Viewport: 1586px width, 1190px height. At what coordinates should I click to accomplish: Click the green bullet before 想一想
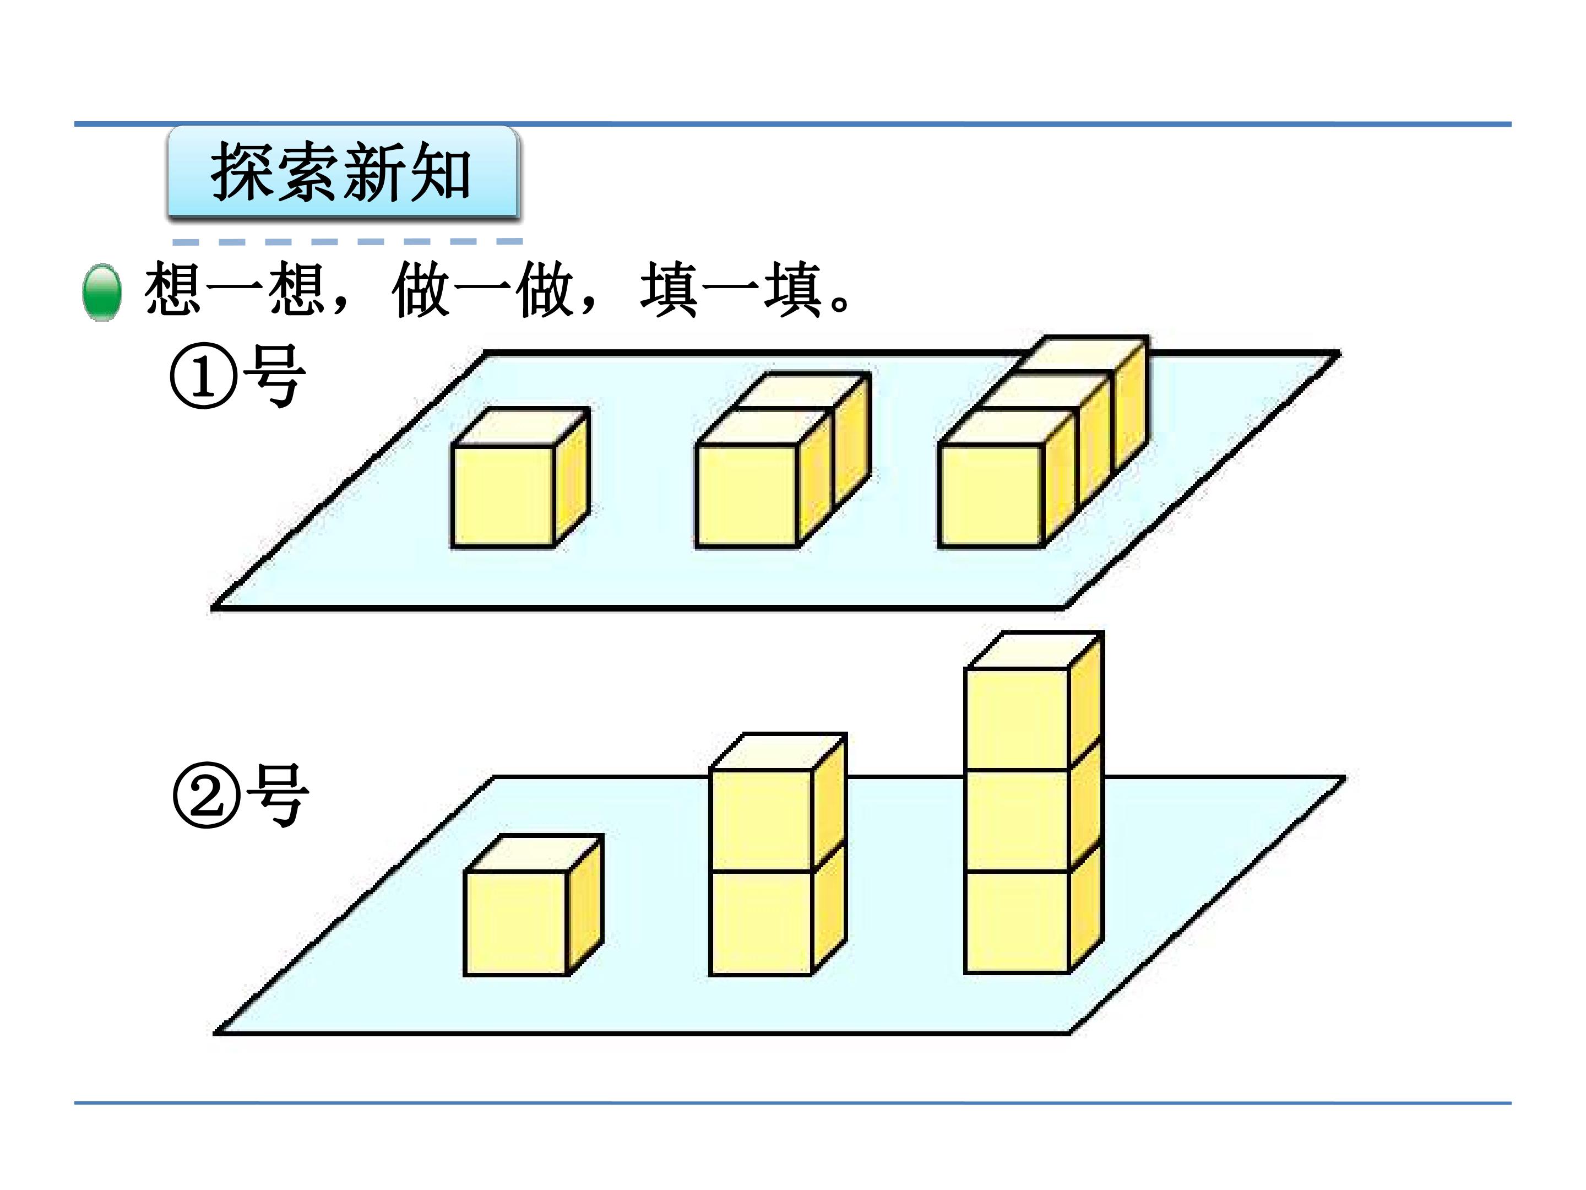[x=102, y=292]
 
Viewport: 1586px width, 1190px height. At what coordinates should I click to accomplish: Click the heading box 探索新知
[x=343, y=171]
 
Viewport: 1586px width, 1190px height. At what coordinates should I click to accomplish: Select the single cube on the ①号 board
[x=520, y=478]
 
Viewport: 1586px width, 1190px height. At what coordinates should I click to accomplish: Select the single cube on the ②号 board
[x=534, y=905]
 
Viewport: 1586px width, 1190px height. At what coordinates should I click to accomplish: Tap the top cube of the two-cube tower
[x=778, y=803]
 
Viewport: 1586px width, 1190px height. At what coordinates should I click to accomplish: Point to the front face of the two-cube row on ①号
[x=747, y=496]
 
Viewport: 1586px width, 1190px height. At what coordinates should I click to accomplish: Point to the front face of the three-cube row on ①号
[x=991, y=496]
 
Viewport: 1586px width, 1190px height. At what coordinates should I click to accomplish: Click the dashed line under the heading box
[x=347, y=242]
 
